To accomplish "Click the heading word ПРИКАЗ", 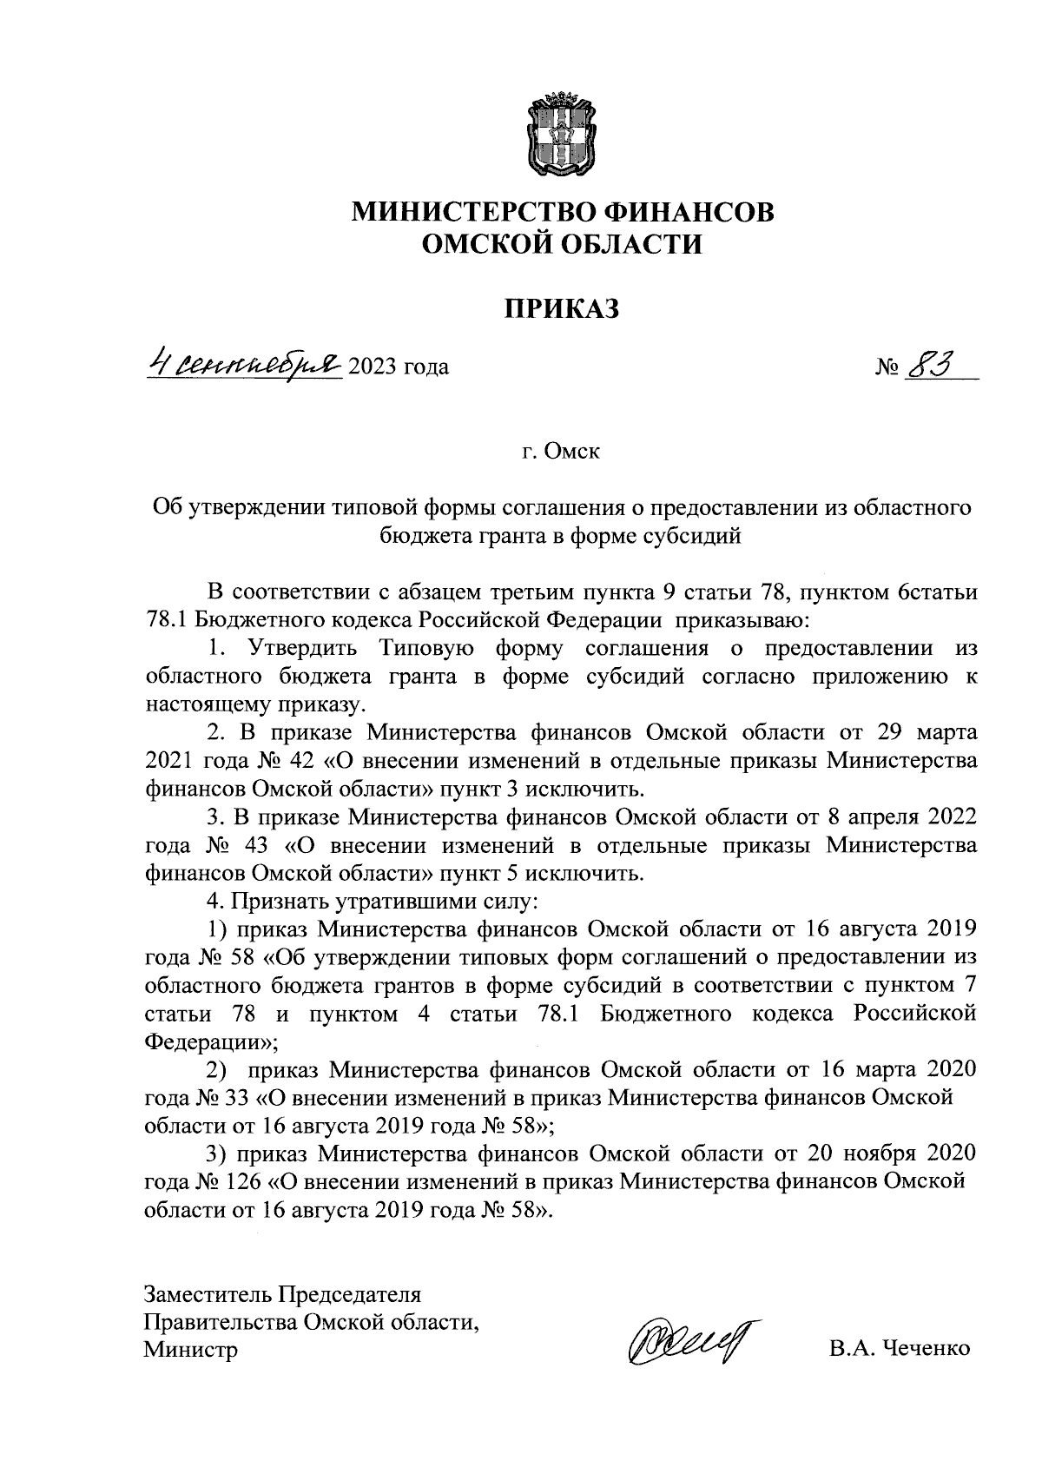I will click(x=562, y=307).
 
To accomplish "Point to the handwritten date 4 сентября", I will click(x=245, y=362).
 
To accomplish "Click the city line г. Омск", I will click(x=561, y=452).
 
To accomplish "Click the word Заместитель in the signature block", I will click(x=207, y=1293).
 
